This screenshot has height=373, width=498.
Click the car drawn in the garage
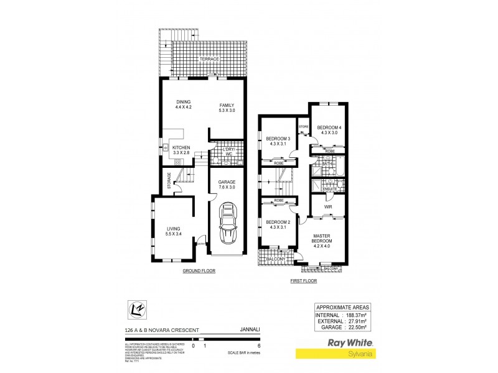(x=226, y=225)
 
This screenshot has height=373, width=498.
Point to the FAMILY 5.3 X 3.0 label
(x=227, y=108)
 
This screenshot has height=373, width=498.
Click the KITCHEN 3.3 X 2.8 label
(x=181, y=149)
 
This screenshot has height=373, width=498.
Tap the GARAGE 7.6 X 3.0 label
(x=227, y=185)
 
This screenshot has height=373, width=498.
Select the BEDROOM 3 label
(x=278, y=141)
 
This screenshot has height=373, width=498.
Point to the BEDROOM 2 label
(x=278, y=224)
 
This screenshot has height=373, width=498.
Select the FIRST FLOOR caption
(x=304, y=281)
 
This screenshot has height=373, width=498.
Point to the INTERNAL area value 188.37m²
(x=356, y=315)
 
